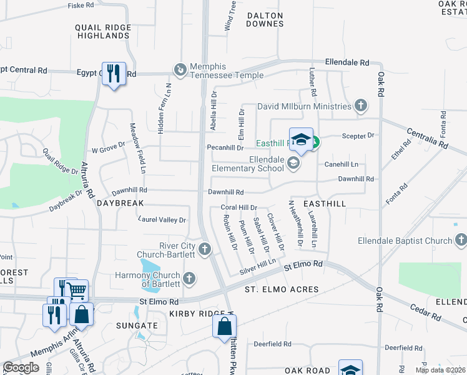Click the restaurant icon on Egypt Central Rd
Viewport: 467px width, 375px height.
[113, 74]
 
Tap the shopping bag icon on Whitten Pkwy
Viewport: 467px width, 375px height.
[224, 326]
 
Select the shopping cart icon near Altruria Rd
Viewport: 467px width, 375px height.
[77, 291]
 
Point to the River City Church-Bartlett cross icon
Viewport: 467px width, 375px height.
[204, 250]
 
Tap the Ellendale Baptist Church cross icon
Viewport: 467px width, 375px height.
[461, 240]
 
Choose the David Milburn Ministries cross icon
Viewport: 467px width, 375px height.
[360, 106]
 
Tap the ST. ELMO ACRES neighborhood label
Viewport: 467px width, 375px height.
[273, 289]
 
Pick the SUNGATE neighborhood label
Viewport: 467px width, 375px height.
[137, 326]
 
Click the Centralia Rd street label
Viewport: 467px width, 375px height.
[427, 139]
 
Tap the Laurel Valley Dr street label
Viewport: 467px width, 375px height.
[162, 220]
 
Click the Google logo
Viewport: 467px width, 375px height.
[21, 367]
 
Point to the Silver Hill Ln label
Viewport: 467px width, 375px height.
[258, 268]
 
